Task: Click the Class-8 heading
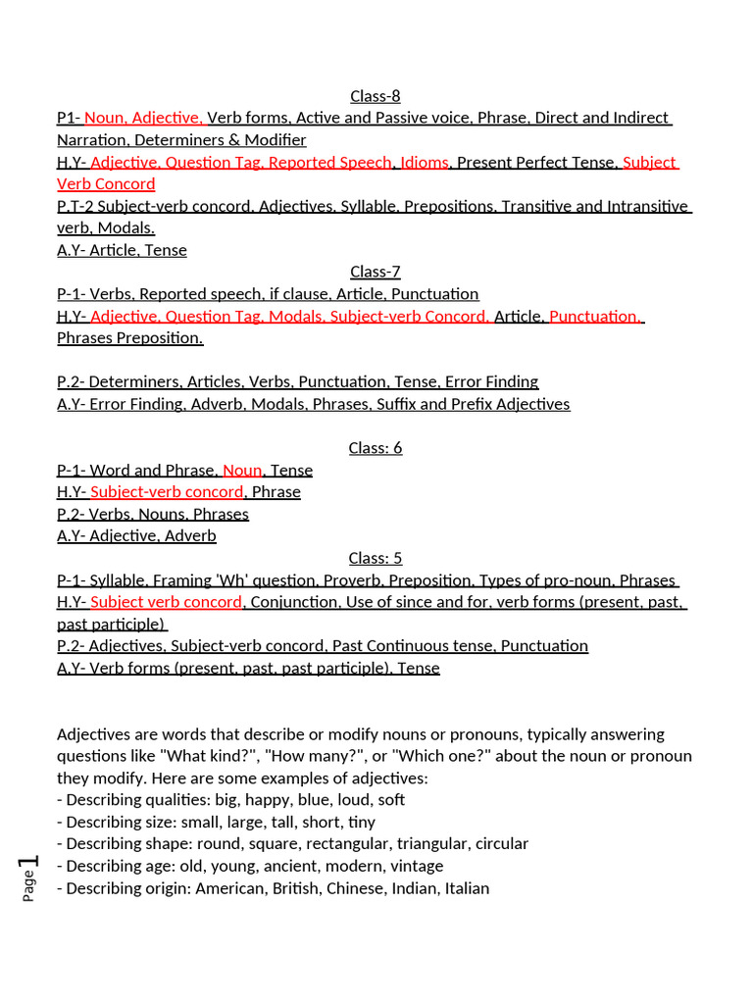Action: (x=376, y=96)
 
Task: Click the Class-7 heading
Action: (x=376, y=272)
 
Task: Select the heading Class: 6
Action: (x=376, y=448)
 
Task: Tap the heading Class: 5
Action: (x=376, y=558)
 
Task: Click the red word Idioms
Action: (x=425, y=163)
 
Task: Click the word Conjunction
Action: (x=294, y=602)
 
